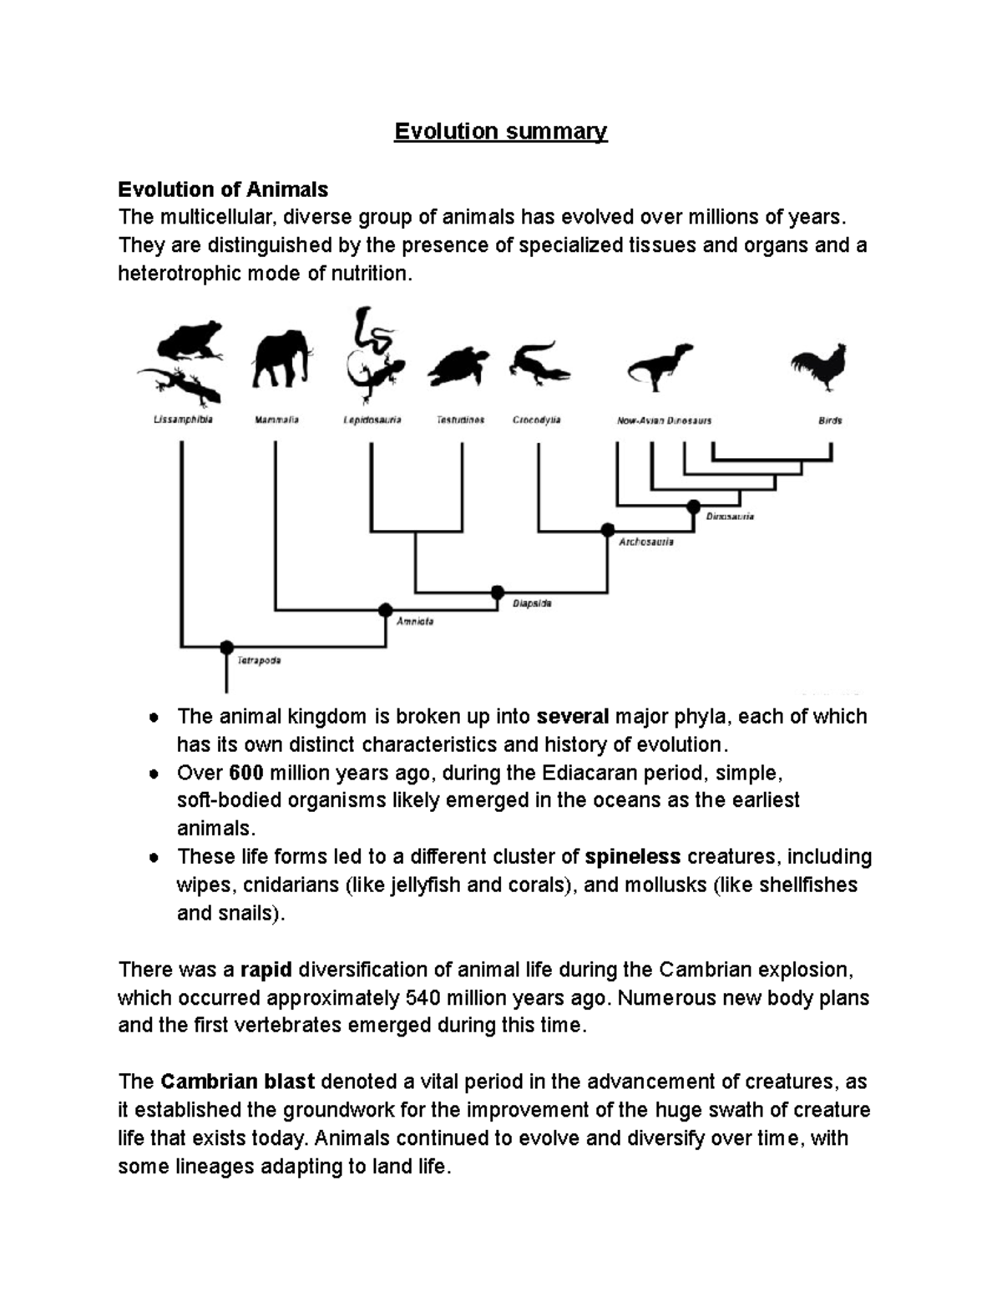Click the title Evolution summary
501,132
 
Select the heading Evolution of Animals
223,189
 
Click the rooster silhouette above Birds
821,369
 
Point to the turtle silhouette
458,366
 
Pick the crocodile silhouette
539,364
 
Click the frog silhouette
190,340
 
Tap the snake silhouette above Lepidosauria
371,332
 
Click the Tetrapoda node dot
226,648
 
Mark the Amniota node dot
385,610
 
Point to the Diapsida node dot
498,592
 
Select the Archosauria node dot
608,530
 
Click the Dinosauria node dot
693,506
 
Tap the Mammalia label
276,421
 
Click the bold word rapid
266,970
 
